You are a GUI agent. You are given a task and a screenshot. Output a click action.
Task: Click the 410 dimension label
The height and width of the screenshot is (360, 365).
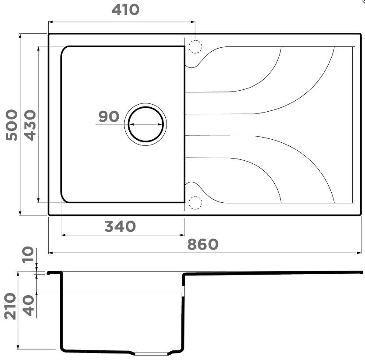[x=125, y=10]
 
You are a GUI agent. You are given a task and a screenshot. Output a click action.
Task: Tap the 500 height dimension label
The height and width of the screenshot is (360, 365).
[x=11, y=125]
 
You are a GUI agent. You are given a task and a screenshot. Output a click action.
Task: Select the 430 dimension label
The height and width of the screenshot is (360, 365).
[x=30, y=125]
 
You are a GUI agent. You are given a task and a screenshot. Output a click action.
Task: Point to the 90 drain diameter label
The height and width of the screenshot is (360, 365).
[x=109, y=116]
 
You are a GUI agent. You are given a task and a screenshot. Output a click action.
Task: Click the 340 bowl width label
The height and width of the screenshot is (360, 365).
[x=120, y=226]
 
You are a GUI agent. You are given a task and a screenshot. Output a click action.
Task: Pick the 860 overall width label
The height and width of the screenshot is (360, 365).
[x=203, y=244]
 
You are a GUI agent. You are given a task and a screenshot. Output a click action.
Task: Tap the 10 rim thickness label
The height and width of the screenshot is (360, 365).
[x=28, y=254]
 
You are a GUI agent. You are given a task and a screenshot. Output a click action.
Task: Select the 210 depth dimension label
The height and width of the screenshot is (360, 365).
[x=11, y=306]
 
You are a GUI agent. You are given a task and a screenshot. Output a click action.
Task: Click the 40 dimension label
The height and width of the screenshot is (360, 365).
[x=28, y=306]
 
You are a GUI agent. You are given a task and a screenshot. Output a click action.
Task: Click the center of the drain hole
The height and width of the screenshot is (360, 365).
[x=145, y=124]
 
